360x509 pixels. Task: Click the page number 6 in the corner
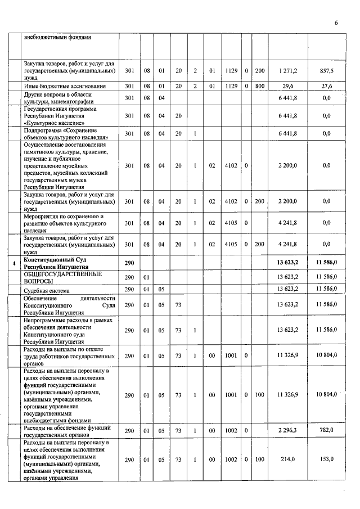pos(336,23)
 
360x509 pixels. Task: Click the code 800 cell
pos(259,86)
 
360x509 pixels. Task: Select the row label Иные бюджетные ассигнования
pos(60,86)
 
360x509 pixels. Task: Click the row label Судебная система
pos(46,289)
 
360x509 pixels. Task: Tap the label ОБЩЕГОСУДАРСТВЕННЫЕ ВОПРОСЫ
pos(62,277)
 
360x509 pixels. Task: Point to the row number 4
pos(15,263)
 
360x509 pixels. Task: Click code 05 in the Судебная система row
pos(161,289)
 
